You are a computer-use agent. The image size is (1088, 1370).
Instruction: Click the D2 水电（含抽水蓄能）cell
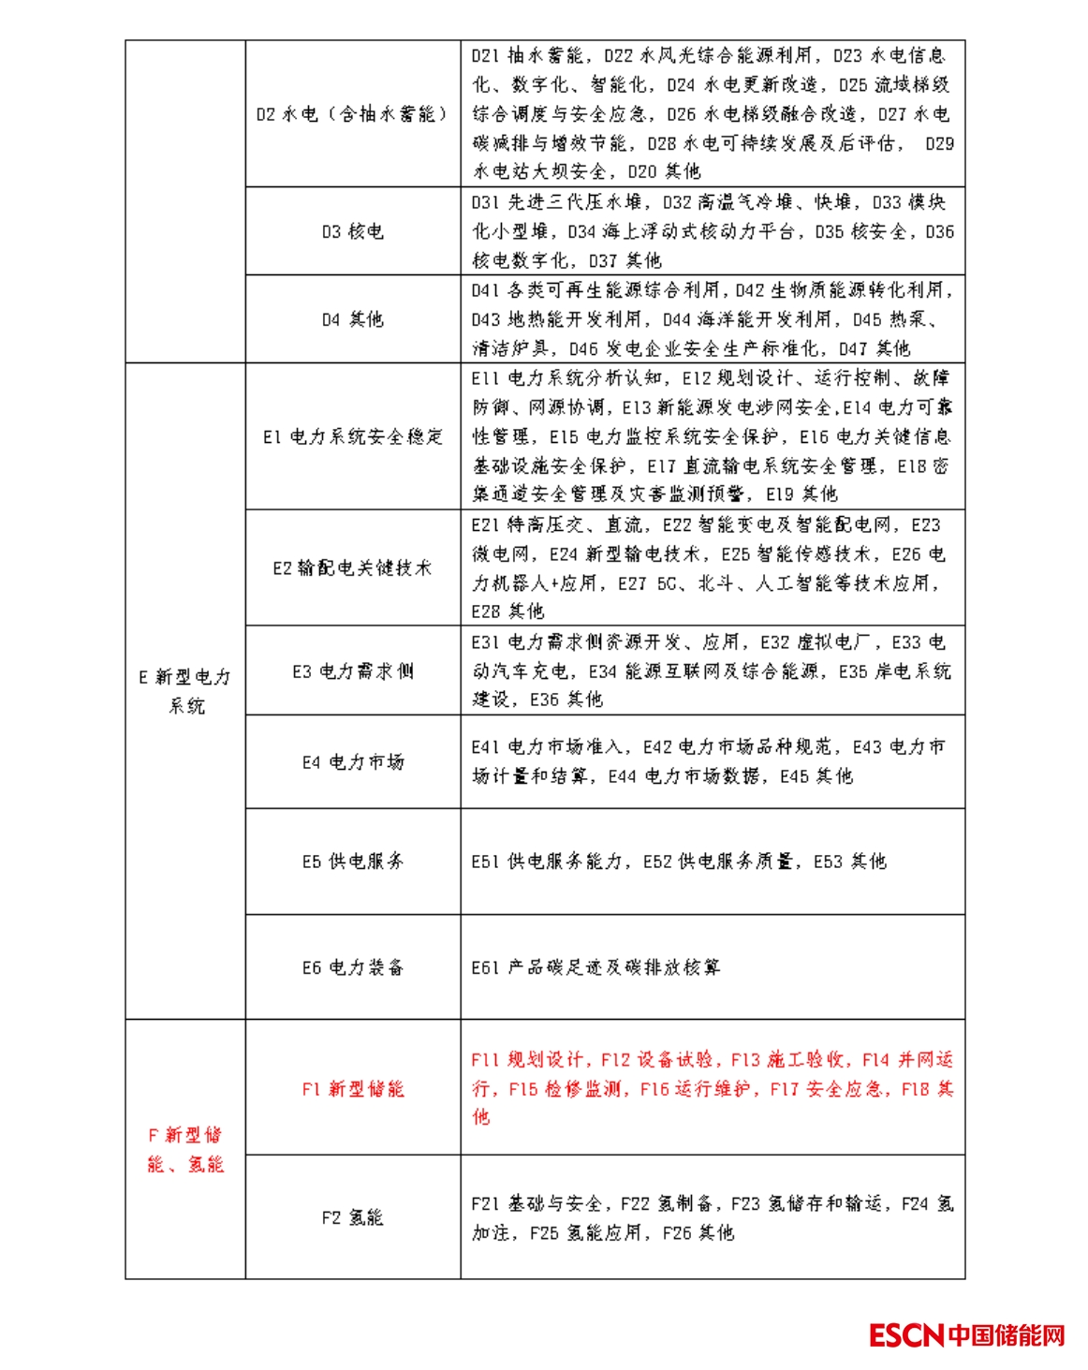[x=352, y=114]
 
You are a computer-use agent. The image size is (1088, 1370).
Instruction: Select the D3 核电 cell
[x=352, y=231]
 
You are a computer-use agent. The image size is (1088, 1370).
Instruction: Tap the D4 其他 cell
[x=352, y=319]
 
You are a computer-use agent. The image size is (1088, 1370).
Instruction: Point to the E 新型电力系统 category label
[x=185, y=691]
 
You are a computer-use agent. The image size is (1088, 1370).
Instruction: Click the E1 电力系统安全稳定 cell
[x=352, y=436]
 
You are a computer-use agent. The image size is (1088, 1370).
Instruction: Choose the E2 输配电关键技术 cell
[x=352, y=567]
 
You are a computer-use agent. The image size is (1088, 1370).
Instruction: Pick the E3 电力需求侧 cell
[x=352, y=670]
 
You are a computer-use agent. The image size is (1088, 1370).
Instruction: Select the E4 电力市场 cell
[x=352, y=762]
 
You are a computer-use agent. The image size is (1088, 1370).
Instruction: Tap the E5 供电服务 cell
[x=352, y=862]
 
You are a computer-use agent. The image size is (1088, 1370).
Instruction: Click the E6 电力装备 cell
[x=352, y=967]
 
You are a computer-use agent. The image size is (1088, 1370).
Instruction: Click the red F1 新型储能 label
[x=352, y=1088]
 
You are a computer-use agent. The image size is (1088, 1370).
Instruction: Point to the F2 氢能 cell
[x=352, y=1217]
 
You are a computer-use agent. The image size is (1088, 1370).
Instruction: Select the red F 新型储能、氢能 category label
[x=185, y=1149]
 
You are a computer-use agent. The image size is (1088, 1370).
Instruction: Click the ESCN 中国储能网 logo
[x=966, y=1334]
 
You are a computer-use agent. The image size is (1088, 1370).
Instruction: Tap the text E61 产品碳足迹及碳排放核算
[x=595, y=967]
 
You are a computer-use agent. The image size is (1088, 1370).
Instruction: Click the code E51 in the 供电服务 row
[x=486, y=862]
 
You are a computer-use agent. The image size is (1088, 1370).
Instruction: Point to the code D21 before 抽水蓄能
[x=486, y=56]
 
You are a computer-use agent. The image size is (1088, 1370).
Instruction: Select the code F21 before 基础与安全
[x=486, y=1203]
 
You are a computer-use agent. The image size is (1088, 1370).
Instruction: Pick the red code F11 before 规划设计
[x=486, y=1060]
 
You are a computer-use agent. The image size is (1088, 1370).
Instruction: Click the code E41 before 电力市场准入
[x=486, y=747]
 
